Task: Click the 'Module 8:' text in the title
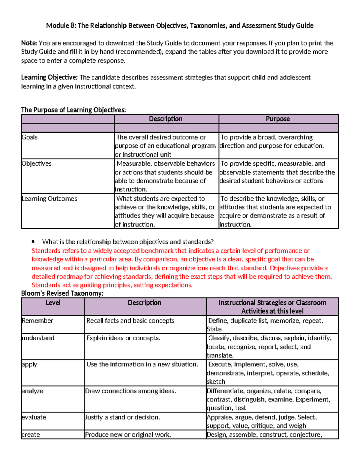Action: (x=61, y=26)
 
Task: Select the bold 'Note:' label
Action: (x=29, y=43)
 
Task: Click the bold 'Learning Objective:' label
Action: (x=49, y=77)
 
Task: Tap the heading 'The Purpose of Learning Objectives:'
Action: (x=73, y=110)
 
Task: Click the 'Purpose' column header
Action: (x=278, y=119)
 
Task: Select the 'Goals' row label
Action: (x=30, y=137)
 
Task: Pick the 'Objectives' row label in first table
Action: (x=37, y=164)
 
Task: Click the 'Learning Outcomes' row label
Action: (x=49, y=199)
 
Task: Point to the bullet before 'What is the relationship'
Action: (x=33, y=242)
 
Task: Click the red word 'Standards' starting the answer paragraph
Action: (x=46, y=251)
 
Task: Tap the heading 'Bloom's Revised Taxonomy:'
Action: (x=62, y=293)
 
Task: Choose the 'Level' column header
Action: (x=53, y=303)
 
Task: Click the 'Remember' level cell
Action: (x=37, y=321)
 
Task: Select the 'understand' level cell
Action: (x=38, y=338)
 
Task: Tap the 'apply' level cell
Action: (x=29, y=365)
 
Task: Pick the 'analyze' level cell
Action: (x=32, y=391)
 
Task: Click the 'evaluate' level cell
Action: (x=34, y=417)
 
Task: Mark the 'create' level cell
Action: (x=31, y=435)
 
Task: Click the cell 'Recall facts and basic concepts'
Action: (x=130, y=321)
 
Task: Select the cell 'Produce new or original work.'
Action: (x=128, y=435)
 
